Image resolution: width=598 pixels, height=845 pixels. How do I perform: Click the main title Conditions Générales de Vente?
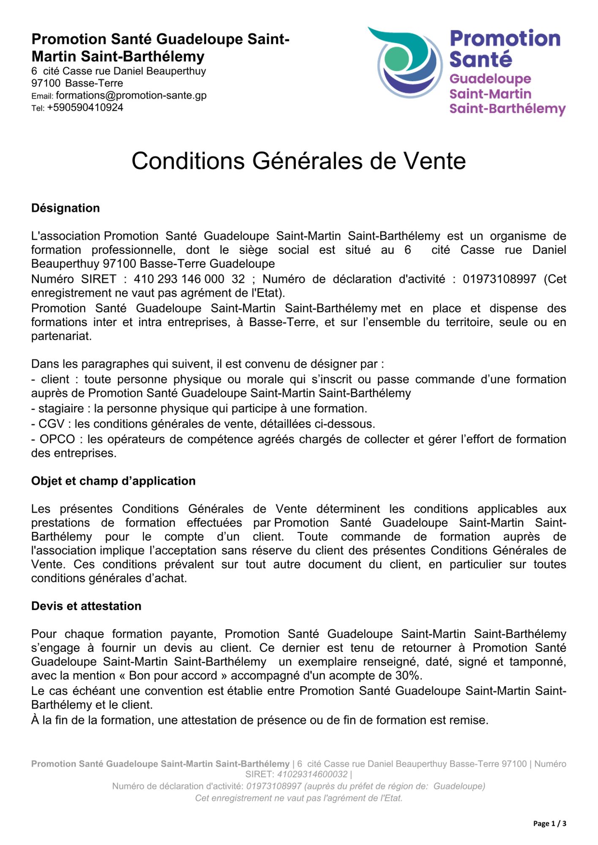tap(298, 161)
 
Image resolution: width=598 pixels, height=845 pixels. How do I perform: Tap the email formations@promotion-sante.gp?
tap(131, 95)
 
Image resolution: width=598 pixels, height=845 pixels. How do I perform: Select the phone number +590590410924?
tap(85, 108)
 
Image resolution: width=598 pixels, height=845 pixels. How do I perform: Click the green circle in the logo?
tap(398, 59)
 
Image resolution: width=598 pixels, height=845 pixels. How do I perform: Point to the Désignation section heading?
tap(66, 208)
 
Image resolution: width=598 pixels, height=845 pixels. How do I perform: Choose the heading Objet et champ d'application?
tap(113, 481)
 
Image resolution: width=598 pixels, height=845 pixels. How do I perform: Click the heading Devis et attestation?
tap(86, 606)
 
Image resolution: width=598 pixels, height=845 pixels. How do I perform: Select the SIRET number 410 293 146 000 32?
tap(189, 279)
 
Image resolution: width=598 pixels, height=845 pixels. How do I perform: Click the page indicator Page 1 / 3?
tap(549, 823)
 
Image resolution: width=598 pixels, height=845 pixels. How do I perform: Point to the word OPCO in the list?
tap(57, 439)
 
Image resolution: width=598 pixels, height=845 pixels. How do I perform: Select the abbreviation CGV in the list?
tap(51, 424)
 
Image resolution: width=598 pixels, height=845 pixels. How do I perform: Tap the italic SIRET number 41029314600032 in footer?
tap(312, 774)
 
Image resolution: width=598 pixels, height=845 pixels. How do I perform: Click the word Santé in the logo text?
tap(481, 59)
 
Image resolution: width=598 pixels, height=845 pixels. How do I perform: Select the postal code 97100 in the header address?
tap(46, 83)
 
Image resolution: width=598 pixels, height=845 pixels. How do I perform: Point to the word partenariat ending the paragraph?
tap(61, 336)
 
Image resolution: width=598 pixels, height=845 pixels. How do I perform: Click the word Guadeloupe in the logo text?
tap(490, 79)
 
